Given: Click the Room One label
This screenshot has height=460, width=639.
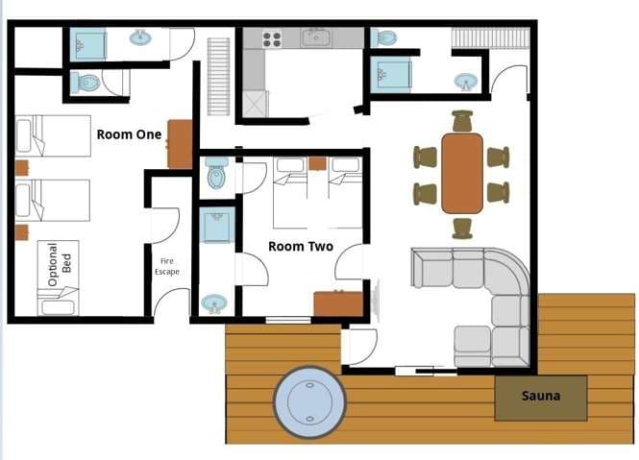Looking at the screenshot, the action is point(129,134).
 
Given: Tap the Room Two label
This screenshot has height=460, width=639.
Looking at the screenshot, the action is point(301,247).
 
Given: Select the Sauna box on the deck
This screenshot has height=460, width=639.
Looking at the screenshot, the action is point(541,399).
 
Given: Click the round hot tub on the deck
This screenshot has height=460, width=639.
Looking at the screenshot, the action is point(309,402).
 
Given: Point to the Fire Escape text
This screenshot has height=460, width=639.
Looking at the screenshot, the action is point(167,266).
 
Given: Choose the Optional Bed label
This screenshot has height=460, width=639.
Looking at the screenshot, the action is point(60,264).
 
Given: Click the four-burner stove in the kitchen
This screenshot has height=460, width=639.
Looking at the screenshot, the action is point(272,39).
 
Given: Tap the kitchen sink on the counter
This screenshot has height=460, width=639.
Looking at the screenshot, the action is point(317,38).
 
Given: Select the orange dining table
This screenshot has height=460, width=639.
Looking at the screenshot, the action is point(462,174).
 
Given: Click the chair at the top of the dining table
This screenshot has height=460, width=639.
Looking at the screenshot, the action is point(462,121).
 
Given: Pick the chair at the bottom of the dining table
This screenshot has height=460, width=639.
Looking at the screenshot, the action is point(462,229).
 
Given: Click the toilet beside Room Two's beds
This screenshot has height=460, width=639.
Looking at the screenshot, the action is point(216,174).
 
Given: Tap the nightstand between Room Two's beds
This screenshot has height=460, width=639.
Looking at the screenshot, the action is point(317,163).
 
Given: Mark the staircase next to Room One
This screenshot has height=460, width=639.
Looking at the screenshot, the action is point(218,77).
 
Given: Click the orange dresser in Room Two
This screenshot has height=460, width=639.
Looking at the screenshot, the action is point(338,303).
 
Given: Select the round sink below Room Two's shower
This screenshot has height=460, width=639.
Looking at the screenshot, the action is point(214,304).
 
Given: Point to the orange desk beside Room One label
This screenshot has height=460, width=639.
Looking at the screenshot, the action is point(180,144).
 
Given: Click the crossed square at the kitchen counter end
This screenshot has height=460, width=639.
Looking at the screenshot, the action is point(255,105).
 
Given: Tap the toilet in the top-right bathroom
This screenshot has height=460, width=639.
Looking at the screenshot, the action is point(383,38).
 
